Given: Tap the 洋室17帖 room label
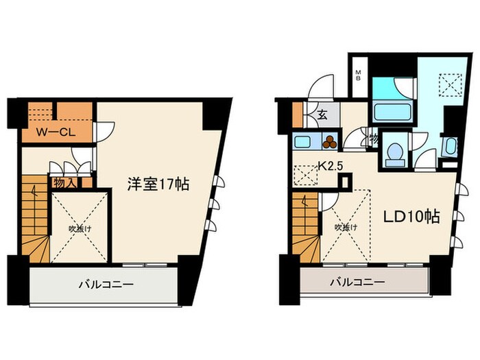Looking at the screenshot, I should [158, 184].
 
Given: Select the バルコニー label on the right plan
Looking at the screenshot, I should [357, 282].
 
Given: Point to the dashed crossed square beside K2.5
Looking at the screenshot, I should [304, 176].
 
